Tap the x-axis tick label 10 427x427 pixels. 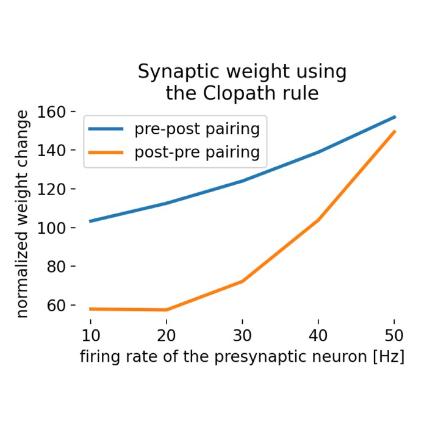click(x=90, y=334)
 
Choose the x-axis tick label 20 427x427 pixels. click(x=167, y=334)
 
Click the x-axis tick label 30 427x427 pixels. click(x=242, y=334)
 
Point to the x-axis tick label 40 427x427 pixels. click(x=318, y=334)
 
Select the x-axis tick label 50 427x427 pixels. click(x=394, y=334)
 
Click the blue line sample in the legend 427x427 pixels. click(x=106, y=129)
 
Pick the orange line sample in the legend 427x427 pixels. click(x=106, y=152)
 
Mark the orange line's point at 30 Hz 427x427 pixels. click(x=242, y=281)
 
